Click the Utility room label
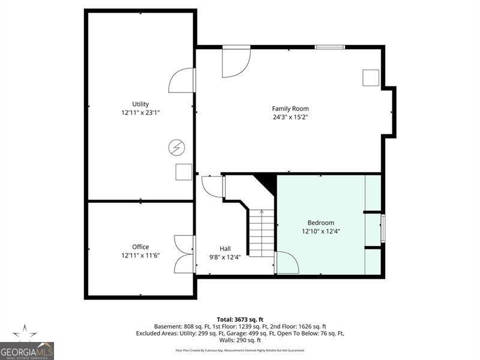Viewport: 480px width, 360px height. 140,104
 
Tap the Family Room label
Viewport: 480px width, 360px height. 290,109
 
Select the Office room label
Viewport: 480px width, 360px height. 140,247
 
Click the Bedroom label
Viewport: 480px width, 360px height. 321,223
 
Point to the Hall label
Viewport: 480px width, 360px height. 225,248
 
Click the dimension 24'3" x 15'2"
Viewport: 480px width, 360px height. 290,117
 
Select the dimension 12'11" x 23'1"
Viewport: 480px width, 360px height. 140,112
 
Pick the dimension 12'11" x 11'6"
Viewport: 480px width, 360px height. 140,256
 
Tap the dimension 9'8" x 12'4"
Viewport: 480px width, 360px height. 225,257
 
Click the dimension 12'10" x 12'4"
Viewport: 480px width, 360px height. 321,231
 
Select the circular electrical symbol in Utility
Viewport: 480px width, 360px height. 177,146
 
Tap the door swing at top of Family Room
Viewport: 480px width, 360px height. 235,62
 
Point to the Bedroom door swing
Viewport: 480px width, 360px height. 286,263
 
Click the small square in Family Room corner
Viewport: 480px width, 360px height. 370,78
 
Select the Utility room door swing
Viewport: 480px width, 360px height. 182,81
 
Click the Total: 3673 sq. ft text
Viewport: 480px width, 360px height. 240,319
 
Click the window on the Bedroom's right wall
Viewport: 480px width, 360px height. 383,229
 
